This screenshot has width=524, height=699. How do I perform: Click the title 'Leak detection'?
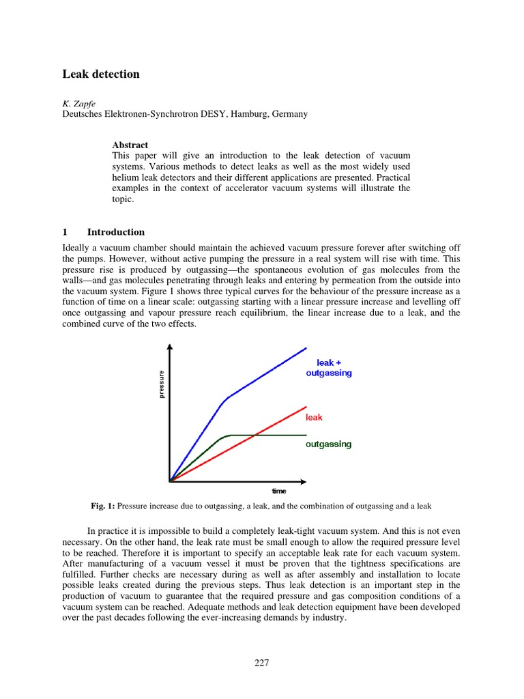pyautogui.click(x=101, y=74)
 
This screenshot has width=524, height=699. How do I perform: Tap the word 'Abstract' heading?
pyautogui.click(x=130, y=145)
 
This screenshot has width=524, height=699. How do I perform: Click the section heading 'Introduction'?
pyautogui.click(x=116, y=232)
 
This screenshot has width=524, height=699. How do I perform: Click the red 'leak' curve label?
pyautogui.click(x=314, y=416)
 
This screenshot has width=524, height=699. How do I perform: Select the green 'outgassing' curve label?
pyautogui.click(x=328, y=444)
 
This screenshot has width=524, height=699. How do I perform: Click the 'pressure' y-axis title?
pyautogui.click(x=162, y=385)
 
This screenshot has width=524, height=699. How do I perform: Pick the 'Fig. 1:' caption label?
pyautogui.click(x=102, y=506)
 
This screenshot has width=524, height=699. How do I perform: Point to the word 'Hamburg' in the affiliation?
pyautogui.click(x=257, y=114)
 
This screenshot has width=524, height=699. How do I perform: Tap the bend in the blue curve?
pyautogui.click(x=226, y=399)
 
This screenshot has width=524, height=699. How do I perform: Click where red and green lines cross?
pyautogui.click(x=254, y=435)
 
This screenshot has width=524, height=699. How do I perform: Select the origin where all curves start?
pyautogui.click(x=170, y=481)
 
